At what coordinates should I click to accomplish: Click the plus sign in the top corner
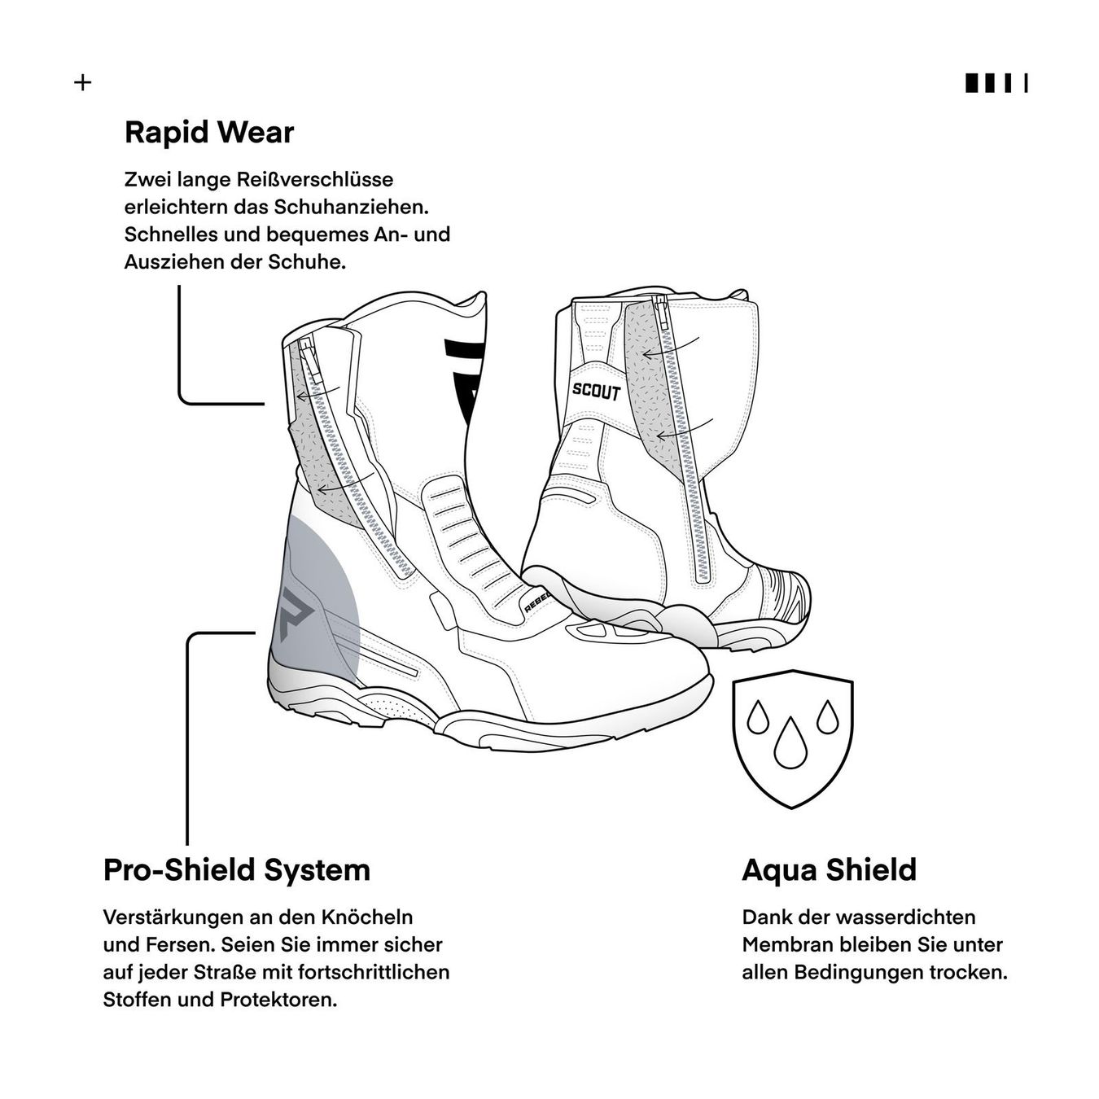(83, 83)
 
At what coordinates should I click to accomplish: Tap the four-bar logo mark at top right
(996, 83)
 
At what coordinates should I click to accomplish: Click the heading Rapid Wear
(209, 133)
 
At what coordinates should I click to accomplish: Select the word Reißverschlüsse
(314, 179)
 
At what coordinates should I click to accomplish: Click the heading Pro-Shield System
(237, 869)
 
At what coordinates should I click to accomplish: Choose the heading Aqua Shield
(830, 869)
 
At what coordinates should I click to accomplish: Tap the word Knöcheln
(366, 917)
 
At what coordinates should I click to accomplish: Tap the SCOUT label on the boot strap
(596, 392)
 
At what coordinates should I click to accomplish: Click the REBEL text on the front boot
(536, 601)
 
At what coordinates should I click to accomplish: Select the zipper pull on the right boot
(663, 312)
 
